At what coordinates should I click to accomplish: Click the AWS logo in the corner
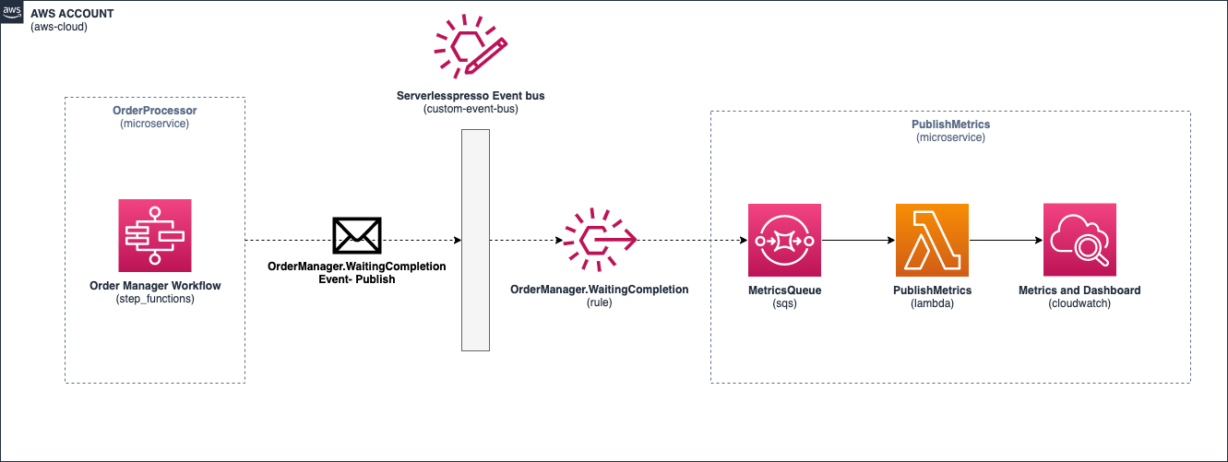(11, 11)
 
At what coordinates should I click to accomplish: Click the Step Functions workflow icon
(155, 236)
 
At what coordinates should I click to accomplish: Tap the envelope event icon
(357, 236)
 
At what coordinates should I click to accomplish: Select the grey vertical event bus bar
(475, 240)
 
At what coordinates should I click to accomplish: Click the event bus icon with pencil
(471, 44)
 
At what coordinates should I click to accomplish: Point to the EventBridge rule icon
(600, 240)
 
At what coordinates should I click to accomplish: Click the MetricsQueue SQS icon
(784, 240)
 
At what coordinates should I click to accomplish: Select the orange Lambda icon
(932, 240)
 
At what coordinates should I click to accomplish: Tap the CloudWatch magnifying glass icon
(1079, 240)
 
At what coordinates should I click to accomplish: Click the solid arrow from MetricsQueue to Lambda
(859, 240)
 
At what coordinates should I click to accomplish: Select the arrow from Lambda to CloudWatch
(1006, 240)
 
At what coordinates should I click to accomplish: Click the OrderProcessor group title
(155, 111)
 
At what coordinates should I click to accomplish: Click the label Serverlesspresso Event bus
(471, 96)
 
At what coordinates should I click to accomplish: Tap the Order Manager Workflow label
(155, 286)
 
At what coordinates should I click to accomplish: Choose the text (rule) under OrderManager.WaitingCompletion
(599, 302)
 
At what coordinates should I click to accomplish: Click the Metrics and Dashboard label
(1079, 290)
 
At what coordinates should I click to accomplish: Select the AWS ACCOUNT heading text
(72, 14)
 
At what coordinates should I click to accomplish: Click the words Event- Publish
(357, 279)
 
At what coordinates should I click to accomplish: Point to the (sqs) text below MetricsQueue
(784, 303)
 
